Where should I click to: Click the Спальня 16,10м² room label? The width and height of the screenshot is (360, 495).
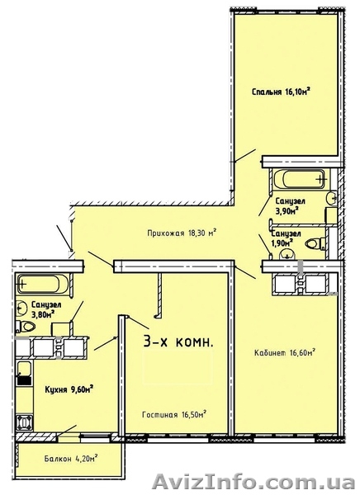point(281,92)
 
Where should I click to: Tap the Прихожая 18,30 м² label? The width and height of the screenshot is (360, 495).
point(182,233)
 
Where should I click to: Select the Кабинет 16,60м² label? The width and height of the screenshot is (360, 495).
point(286,352)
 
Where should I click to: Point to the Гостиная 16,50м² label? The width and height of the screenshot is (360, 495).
point(174,414)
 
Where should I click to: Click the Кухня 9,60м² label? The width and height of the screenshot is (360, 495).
point(69,389)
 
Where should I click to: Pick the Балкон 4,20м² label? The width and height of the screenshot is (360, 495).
point(71,458)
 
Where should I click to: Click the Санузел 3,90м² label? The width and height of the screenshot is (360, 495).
point(290,205)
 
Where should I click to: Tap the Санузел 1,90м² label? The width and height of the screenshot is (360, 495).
point(286,238)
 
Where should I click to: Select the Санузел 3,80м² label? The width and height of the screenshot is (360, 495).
point(46,309)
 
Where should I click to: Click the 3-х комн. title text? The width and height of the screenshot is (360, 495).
point(178,342)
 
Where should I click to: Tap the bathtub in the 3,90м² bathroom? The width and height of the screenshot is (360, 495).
point(300,179)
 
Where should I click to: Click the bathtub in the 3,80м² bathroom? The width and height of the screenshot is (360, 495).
point(43,283)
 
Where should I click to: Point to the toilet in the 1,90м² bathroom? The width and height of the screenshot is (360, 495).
point(316,243)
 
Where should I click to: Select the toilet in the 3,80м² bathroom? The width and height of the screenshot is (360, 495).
point(26,327)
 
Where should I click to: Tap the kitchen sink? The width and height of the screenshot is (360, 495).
point(24,373)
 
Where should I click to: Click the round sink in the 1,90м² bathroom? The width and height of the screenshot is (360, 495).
point(287,253)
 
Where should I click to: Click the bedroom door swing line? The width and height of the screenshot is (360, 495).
point(245,156)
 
